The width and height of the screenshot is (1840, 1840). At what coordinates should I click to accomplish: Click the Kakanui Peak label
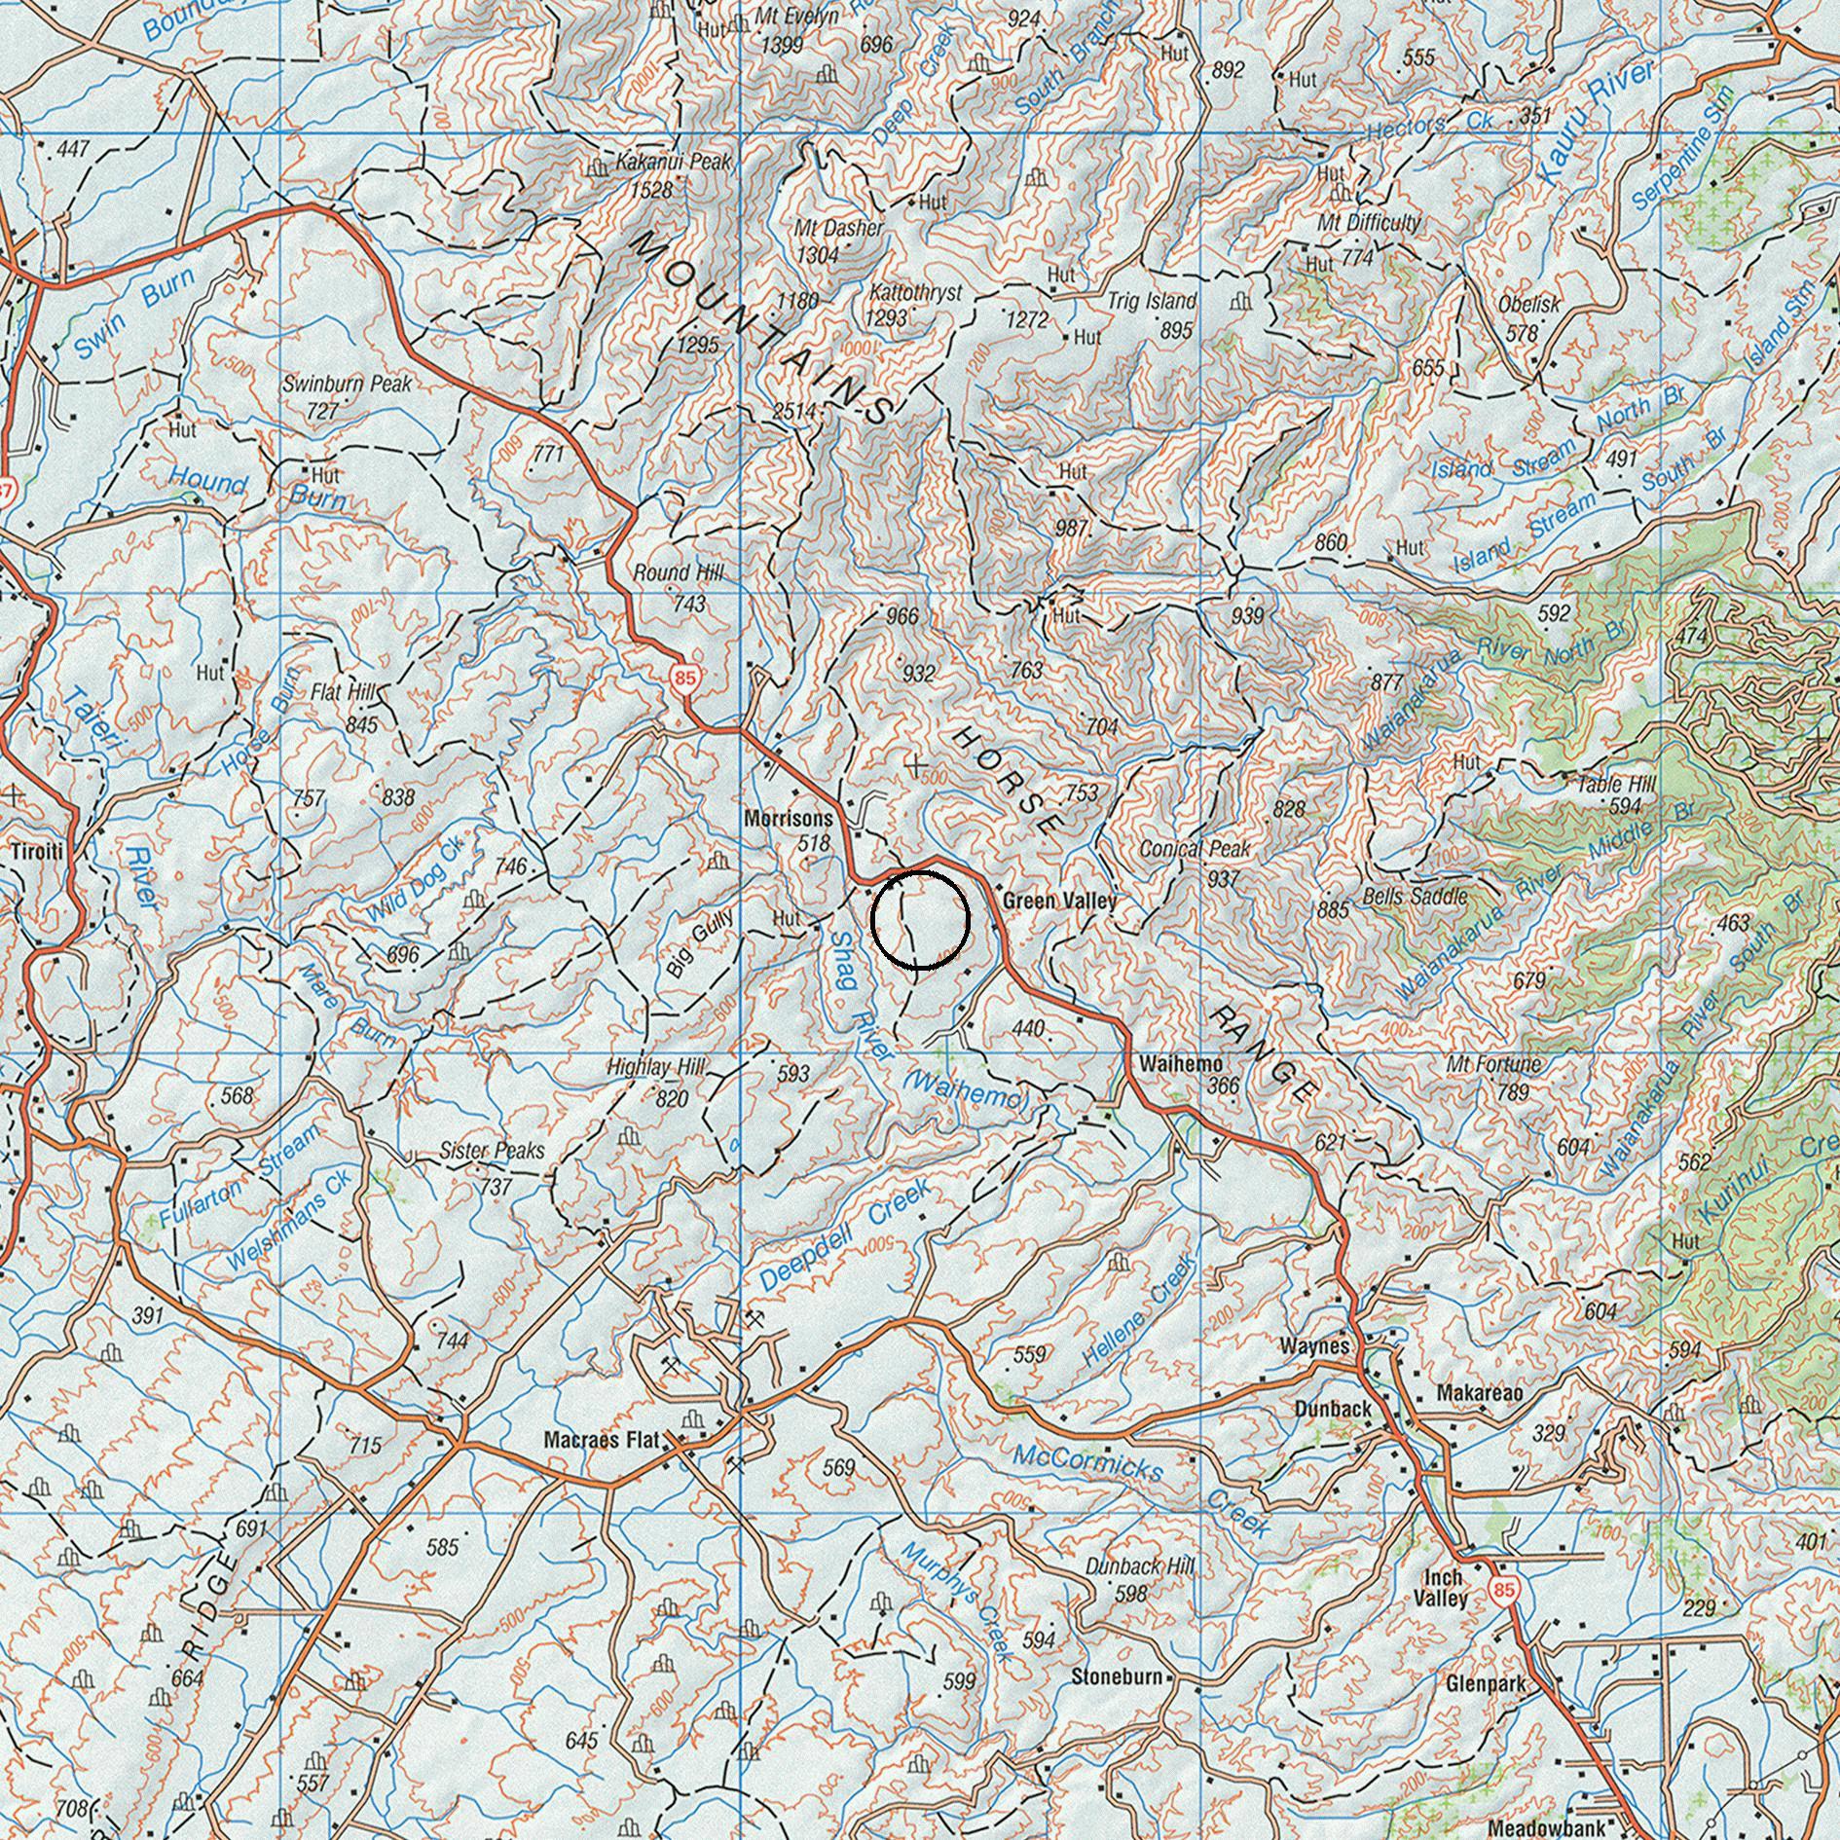[673, 162]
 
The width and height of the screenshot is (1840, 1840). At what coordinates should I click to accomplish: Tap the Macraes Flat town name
[601, 1440]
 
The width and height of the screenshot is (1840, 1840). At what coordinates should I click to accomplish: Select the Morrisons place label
[789, 820]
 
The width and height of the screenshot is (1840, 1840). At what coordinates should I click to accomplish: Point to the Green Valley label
[1059, 902]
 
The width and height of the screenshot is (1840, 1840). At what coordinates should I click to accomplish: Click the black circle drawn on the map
[920, 920]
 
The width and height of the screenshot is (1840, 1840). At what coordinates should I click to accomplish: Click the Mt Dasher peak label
[838, 229]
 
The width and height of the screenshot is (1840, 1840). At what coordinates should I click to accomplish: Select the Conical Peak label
[1195, 849]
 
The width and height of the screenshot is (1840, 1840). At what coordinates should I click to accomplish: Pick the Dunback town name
[1333, 1409]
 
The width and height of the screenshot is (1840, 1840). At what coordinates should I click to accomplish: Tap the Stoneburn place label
[1117, 1676]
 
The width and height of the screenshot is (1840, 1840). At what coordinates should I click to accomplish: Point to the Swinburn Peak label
[347, 384]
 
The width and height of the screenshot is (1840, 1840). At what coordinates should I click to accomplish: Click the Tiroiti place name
[37, 852]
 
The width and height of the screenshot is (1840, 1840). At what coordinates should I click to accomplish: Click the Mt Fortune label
[1493, 1064]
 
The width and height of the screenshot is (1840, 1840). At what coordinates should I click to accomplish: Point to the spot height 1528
[651, 190]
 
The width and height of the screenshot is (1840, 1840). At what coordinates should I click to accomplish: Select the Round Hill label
[679, 573]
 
